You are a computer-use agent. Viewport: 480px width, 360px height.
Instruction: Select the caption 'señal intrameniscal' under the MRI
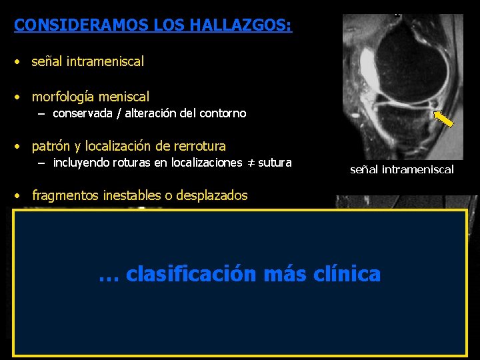pyautogui.click(x=401, y=169)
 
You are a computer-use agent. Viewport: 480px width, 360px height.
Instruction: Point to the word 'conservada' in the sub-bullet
pyautogui.click(x=83, y=113)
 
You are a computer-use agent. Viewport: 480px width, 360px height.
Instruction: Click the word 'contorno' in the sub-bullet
pyautogui.click(x=224, y=113)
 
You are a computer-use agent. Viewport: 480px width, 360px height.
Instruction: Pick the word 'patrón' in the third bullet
pyautogui.click(x=51, y=146)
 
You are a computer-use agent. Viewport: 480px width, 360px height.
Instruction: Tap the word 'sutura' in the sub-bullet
pyautogui.click(x=275, y=162)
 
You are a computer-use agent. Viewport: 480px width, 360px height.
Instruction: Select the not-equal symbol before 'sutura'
pyautogui.click(x=251, y=163)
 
